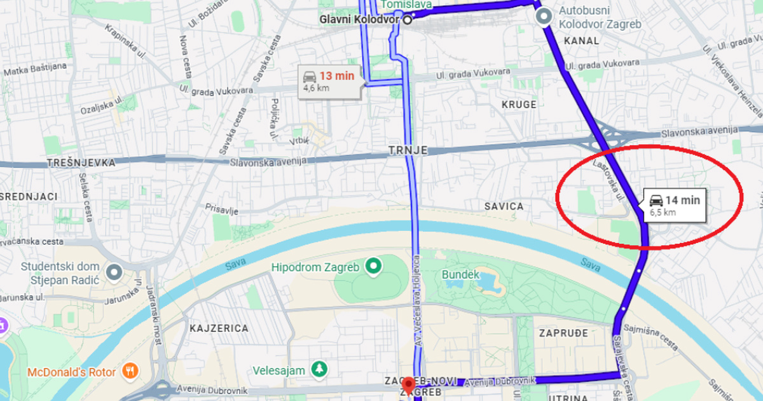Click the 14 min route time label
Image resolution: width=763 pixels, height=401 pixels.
[x=682, y=200]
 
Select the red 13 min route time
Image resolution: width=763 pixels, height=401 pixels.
[x=336, y=76]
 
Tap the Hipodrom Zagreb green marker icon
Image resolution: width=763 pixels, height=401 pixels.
[x=373, y=266]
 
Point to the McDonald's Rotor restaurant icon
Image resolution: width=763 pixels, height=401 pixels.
[x=130, y=372]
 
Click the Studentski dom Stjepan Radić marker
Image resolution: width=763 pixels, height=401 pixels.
[x=114, y=272]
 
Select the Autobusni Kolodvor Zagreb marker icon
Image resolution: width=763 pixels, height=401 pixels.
[x=543, y=17]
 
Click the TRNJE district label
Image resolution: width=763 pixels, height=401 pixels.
[x=408, y=151]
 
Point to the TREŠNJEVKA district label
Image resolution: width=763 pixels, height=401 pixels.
[x=81, y=163]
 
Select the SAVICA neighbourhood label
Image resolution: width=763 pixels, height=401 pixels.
[x=504, y=206]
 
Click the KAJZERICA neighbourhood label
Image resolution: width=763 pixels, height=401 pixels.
[x=218, y=328]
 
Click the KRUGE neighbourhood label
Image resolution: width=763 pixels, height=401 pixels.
[x=519, y=104]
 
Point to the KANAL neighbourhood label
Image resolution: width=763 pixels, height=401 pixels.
[x=581, y=41]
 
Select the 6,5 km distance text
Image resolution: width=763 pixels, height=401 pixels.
[x=663, y=213]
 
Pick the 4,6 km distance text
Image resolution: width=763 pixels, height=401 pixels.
[x=316, y=88]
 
